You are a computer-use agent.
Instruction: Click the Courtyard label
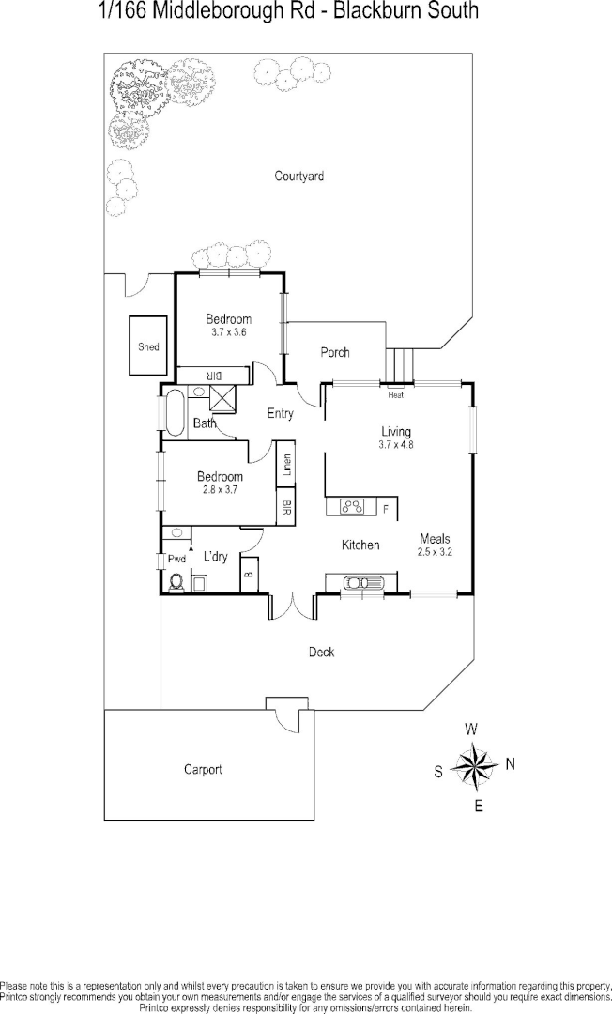pyautogui.click(x=298, y=176)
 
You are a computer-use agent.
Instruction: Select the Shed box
pyautogui.click(x=148, y=346)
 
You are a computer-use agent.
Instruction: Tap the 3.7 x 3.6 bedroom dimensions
pyautogui.click(x=228, y=332)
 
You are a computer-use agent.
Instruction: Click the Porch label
pyautogui.click(x=335, y=353)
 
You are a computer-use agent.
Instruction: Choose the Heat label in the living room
pyautogui.click(x=395, y=394)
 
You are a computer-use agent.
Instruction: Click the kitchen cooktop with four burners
pyautogui.click(x=353, y=507)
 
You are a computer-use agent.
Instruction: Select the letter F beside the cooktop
pyautogui.click(x=385, y=508)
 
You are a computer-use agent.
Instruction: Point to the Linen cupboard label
pyautogui.click(x=286, y=465)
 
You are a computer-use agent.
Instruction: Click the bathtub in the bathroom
pyautogui.click(x=176, y=410)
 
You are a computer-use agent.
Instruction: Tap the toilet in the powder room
pyautogui.click(x=176, y=583)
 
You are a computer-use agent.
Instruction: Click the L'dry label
pyautogui.click(x=215, y=557)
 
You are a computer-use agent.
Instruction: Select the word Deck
pyautogui.click(x=321, y=652)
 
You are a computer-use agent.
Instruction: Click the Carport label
pyautogui.click(x=203, y=770)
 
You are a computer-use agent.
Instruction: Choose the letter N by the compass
pyautogui.click(x=511, y=764)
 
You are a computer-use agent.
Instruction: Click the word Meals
pyautogui.click(x=435, y=539)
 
